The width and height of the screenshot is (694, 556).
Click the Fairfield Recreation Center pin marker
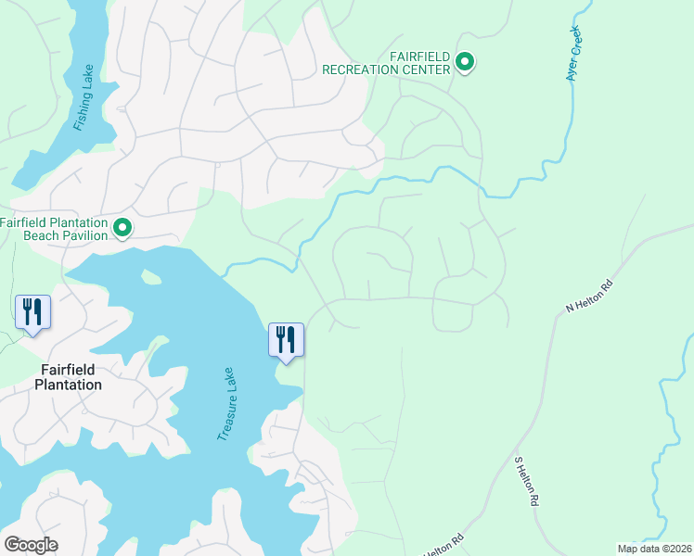(465, 63)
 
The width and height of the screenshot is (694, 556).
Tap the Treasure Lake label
(226, 403)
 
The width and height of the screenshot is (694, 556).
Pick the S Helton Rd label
(525, 480)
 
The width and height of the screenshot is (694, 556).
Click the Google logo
(31, 545)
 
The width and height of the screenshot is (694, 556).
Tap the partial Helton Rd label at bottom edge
(443, 547)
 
